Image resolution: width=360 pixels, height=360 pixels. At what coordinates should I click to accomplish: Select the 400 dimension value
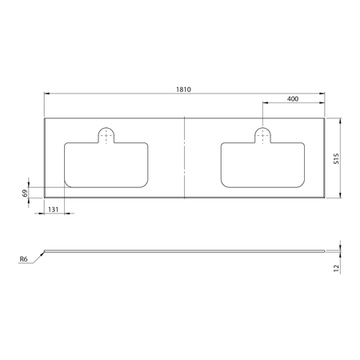pyautogui.click(x=293, y=98)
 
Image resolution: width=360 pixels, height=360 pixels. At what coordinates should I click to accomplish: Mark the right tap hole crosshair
pyautogui.click(x=262, y=136)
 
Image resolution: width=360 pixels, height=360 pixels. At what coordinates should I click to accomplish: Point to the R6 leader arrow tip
pyautogui.click(x=45, y=250)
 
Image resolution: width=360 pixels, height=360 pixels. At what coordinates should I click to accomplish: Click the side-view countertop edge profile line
pyautogui.click(x=185, y=250)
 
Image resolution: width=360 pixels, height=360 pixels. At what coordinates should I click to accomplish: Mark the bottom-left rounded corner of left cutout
pyautogui.click(x=67, y=187)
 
